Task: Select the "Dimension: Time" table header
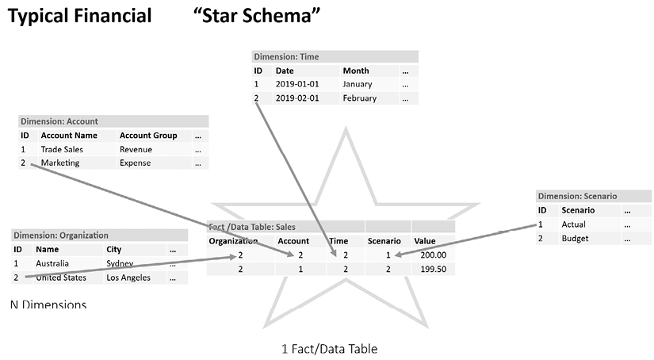point(286,57)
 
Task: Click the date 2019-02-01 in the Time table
point(297,98)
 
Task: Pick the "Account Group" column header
point(148,136)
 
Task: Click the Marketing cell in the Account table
point(60,163)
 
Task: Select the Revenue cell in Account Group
point(136,149)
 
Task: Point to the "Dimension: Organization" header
point(61,236)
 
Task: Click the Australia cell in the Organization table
point(52,263)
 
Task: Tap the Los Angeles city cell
point(128,278)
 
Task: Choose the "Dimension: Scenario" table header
point(577,196)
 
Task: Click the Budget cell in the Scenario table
point(574,238)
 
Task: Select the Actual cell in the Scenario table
point(574,224)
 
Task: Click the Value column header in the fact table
point(425,240)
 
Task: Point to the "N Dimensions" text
point(48,304)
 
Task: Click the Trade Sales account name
point(62,149)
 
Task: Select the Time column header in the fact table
point(338,240)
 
